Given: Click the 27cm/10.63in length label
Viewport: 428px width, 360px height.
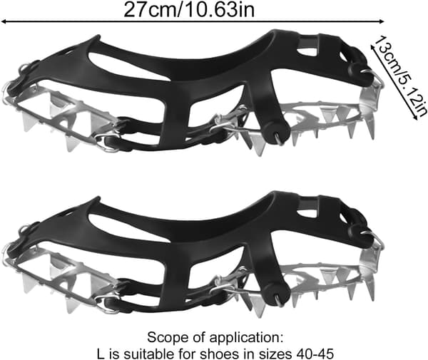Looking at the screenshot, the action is (x=189, y=9).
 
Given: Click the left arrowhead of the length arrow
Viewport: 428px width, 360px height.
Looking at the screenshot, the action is (x=4, y=21).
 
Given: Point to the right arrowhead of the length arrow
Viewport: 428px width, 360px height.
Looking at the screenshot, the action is (x=382, y=21).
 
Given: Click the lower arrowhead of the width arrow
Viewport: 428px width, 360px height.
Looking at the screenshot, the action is (x=416, y=118).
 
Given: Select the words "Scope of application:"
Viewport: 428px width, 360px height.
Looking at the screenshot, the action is (x=215, y=338).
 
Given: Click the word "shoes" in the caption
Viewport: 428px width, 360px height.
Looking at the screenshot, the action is (x=220, y=354).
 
